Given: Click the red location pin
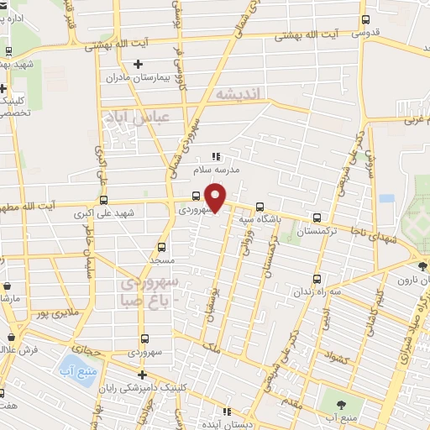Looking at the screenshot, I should [217, 198].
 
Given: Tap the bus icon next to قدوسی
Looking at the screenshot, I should [364, 19].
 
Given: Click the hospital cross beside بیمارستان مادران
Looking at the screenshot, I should [139, 64].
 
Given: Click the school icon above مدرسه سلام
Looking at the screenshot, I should [216, 155].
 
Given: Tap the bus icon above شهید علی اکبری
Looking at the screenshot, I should [103, 201].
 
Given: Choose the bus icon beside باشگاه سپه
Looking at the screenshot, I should [259, 206].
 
